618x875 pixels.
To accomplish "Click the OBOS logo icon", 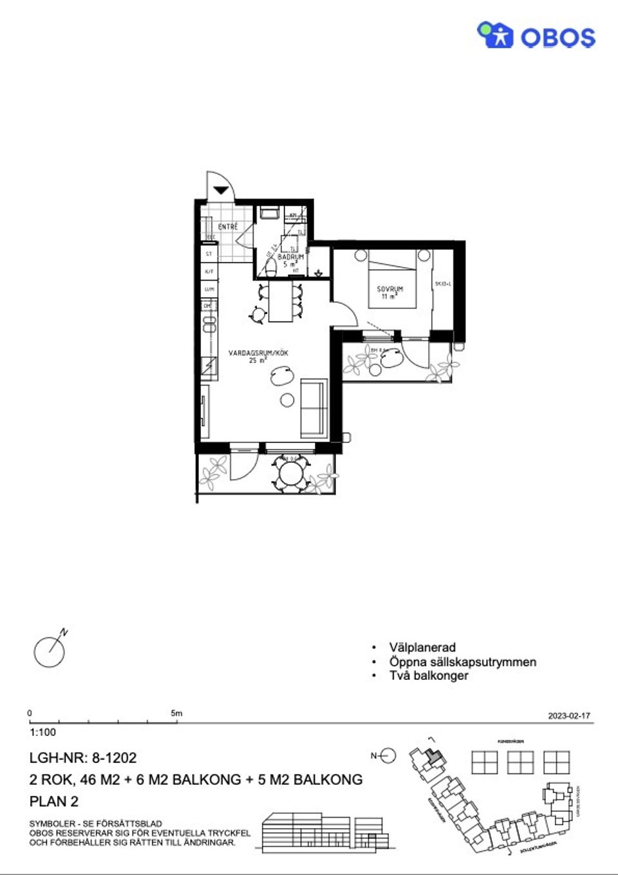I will pos(494,35).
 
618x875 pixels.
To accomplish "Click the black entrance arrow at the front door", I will pos(221,190).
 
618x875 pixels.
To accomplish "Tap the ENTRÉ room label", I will pos(228,227).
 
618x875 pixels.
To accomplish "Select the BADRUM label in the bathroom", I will pos(290,257).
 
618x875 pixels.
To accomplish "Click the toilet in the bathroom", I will pos(271,267).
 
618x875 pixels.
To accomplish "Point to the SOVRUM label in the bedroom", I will pos(389,289).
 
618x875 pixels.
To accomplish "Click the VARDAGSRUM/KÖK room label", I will pos(258,353).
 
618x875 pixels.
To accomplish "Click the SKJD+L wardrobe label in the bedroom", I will pos(443,283).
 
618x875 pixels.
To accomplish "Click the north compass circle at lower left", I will pos(49,652).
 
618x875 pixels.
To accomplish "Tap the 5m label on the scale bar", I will pos(176,713).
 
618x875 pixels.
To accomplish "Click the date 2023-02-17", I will pos(568,715).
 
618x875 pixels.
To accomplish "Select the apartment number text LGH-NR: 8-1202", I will pos(83,758).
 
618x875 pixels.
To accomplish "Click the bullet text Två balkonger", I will pos(429,675).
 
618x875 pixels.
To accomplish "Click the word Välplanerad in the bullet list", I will pos(422,647).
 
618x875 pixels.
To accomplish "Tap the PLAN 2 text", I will pos(54,802).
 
